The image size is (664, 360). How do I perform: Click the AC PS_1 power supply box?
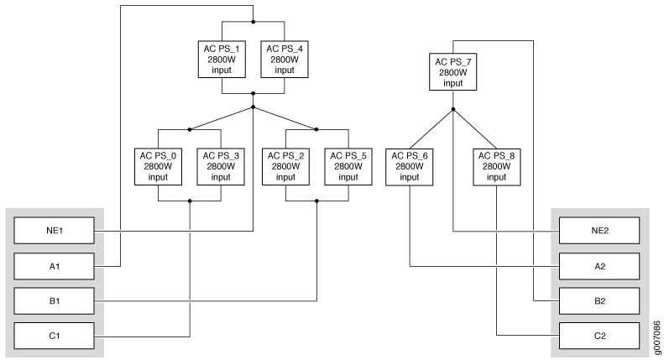point(222,60)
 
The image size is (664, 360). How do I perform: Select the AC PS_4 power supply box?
point(285,60)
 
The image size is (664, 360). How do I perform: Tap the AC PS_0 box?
point(158,166)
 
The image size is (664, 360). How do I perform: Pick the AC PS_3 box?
point(221,166)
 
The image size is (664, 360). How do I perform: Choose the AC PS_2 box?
point(286,166)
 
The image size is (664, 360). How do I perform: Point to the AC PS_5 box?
point(348,166)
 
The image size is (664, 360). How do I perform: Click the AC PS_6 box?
point(410,167)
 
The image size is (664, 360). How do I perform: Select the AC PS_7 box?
point(453,72)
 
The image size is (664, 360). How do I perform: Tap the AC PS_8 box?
point(497,167)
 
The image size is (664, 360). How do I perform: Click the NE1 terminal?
point(55,231)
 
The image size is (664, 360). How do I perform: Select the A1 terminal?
point(55,266)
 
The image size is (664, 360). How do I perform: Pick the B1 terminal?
point(55,301)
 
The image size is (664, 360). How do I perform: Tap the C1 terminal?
point(55,336)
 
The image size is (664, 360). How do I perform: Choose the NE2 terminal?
point(599,231)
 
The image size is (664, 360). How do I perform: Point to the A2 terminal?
point(599,266)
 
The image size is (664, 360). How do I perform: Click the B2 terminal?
point(599,301)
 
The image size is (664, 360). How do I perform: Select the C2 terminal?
point(599,336)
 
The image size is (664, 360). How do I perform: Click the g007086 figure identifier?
point(656,338)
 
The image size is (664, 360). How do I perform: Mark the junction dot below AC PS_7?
point(453,109)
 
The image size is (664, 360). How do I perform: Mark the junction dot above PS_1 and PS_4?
point(254,22)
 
